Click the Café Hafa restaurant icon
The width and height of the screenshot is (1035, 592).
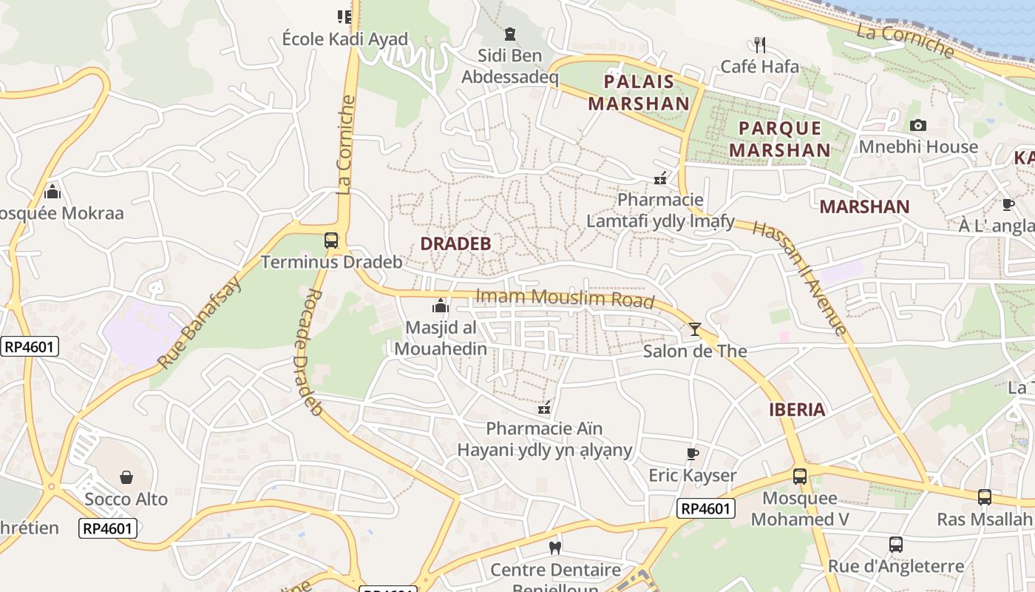pyautogui.click(x=759, y=44)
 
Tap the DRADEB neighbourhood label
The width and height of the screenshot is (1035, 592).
pyautogui.click(x=455, y=243)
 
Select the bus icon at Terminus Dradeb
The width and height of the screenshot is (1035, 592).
pyautogui.click(x=331, y=240)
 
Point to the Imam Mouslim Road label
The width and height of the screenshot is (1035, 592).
pyautogui.click(x=565, y=297)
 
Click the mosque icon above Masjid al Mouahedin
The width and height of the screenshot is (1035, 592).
pyautogui.click(x=441, y=306)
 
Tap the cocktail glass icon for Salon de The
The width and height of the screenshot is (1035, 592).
pyautogui.click(x=695, y=329)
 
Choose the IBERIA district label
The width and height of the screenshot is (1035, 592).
pyautogui.click(x=797, y=409)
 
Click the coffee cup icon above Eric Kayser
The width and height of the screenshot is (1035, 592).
pyautogui.click(x=693, y=454)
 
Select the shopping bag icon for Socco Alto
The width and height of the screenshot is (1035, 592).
pyautogui.click(x=126, y=477)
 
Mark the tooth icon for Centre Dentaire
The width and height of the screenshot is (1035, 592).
pyautogui.click(x=555, y=548)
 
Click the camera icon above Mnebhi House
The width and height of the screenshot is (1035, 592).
pyautogui.click(x=918, y=125)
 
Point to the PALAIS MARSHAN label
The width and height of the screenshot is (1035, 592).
pyautogui.click(x=639, y=92)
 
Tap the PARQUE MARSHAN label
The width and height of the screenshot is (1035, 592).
pyautogui.click(x=780, y=138)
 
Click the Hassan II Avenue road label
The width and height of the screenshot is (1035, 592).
pyautogui.click(x=798, y=277)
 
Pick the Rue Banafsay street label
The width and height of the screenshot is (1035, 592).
pyautogui.click(x=199, y=323)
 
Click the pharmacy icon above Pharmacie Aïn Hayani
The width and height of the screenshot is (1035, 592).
pyautogui.click(x=545, y=407)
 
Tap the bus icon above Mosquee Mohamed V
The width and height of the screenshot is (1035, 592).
pyautogui.click(x=800, y=477)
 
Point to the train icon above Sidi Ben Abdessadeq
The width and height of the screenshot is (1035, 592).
pyautogui.click(x=509, y=33)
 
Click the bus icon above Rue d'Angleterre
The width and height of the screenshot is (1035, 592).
pyautogui.click(x=896, y=545)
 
